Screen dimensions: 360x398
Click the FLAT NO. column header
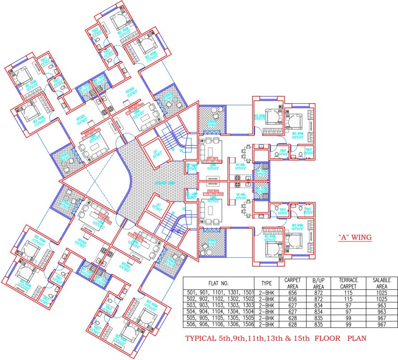(x=218, y=283)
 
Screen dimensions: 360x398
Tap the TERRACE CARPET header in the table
(x=347, y=283)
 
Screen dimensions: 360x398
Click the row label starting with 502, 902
(x=218, y=299)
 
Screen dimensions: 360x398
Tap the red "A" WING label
(x=355, y=238)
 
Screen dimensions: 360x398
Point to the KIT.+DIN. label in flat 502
(x=241, y=193)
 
